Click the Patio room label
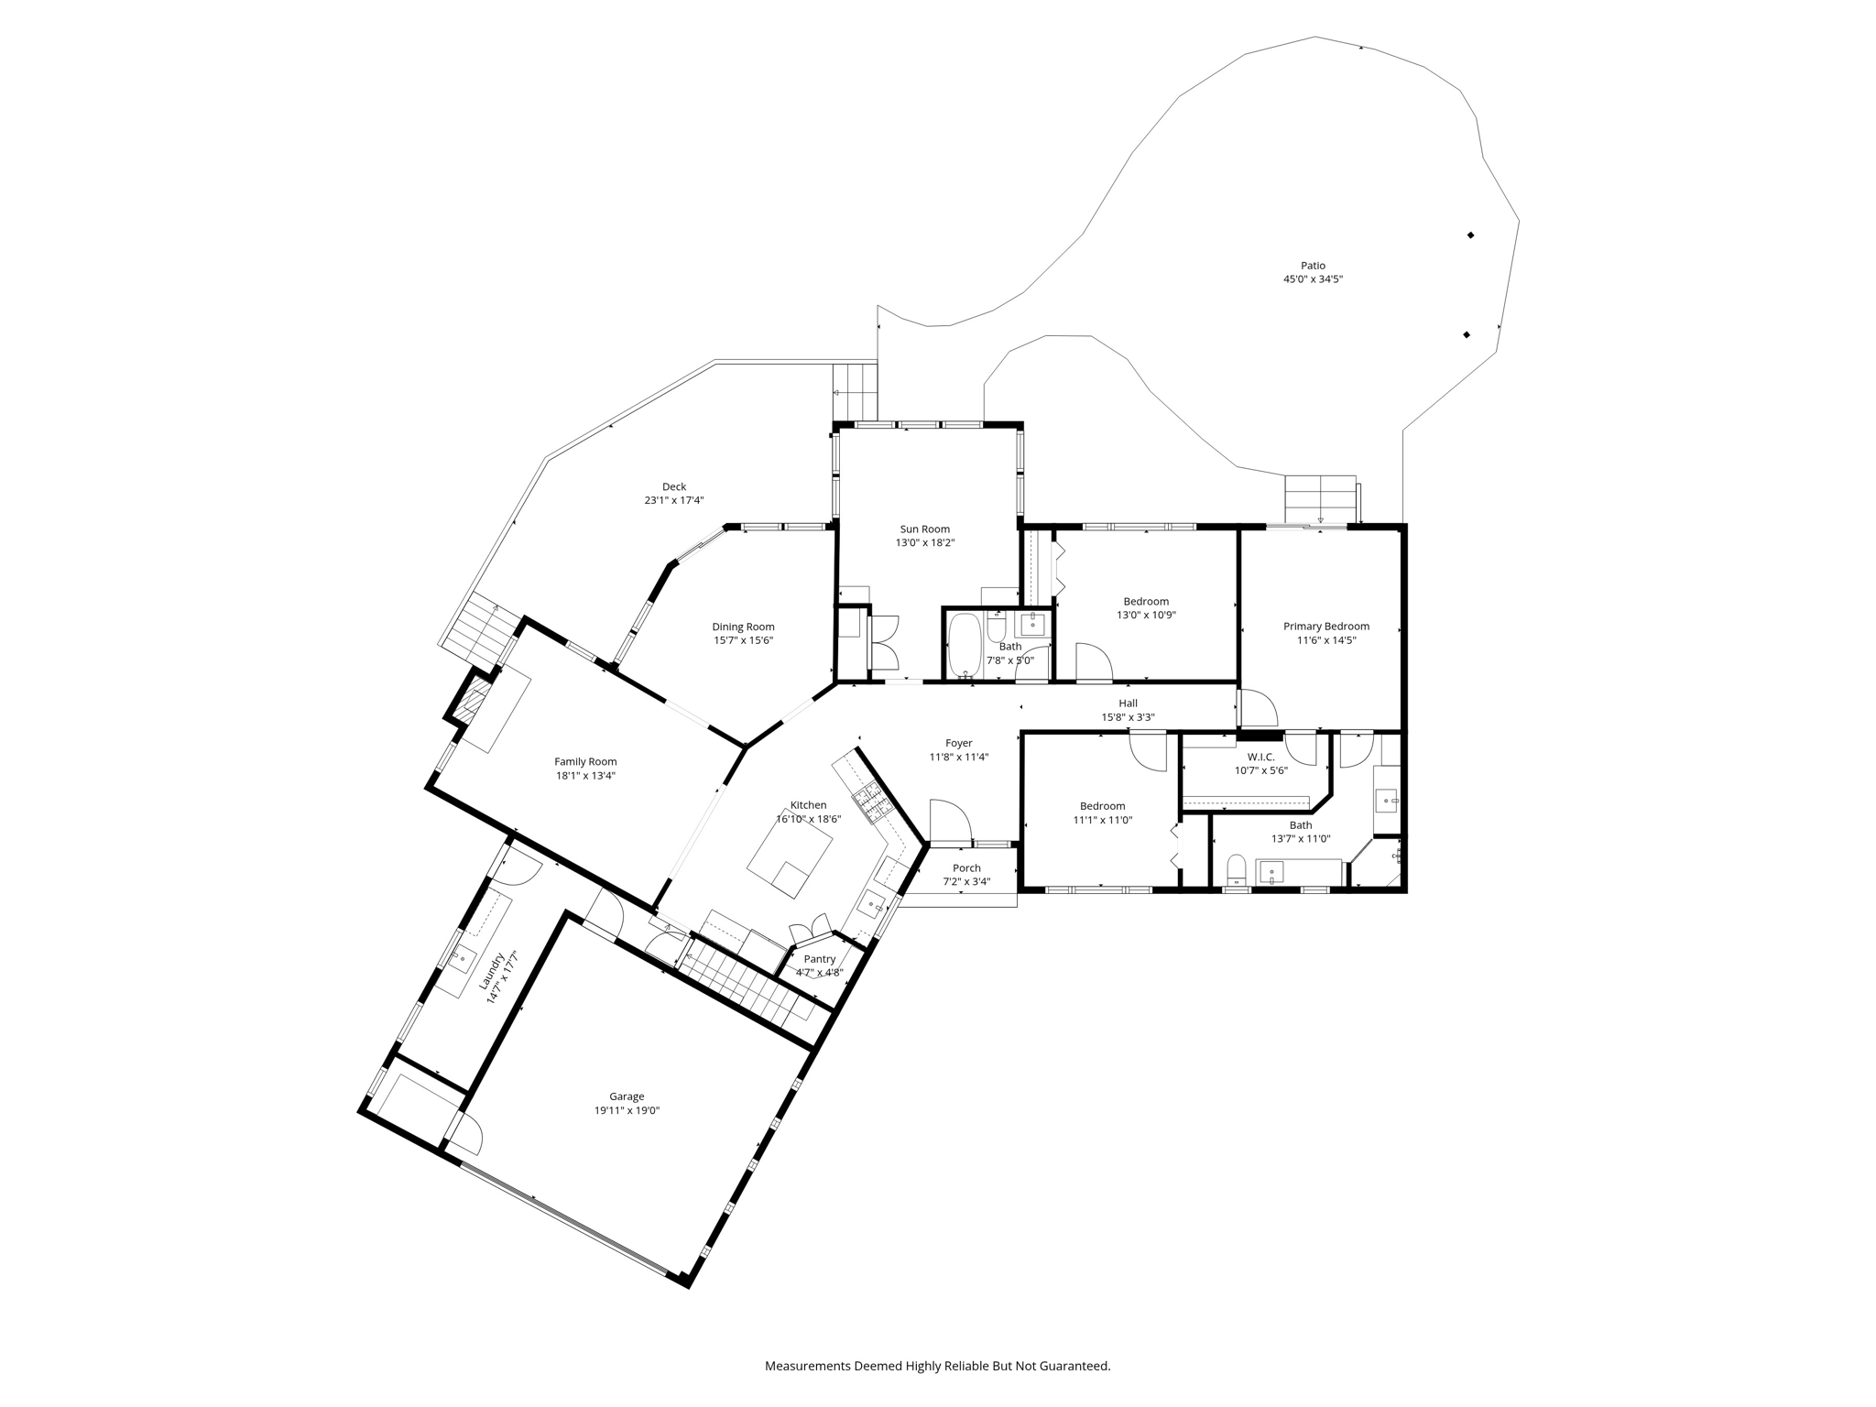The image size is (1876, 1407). click(1313, 266)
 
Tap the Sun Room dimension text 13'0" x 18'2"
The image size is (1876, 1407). click(924, 542)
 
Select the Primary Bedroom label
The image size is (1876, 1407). click(1325, 627)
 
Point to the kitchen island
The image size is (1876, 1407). click(790, 861)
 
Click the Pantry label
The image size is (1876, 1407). click(819, 959)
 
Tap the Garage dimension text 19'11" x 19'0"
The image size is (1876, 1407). click(627, 1110)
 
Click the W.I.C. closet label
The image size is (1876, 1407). click(1260, 757)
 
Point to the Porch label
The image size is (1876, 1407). click(966, 868)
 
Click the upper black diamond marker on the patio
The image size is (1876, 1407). click(1470, 235)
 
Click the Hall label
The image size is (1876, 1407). click(1128, 703)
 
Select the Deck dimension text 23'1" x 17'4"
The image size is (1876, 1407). click(673, 500)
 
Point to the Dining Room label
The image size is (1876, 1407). click(743, 627)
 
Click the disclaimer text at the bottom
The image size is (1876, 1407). click(937, 1366)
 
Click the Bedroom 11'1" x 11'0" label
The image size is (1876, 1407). click(1102, 806)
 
